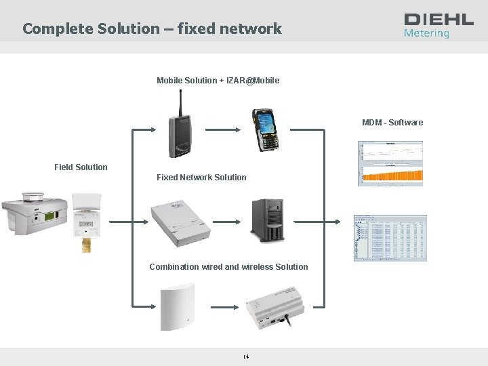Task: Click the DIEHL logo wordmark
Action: point(439,19)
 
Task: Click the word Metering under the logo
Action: point(426,33)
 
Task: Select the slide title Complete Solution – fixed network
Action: point(152,28)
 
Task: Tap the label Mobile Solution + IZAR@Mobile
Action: point(218,81)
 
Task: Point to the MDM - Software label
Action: point(392,123)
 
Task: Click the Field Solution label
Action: point(81,167)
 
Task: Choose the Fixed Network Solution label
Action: point(201,178)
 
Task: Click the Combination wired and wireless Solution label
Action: point(228,267)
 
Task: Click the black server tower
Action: point(267,220)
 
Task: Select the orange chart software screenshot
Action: point(390,163)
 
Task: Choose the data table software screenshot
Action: point(390,238)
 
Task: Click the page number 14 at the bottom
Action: point(246,357)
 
